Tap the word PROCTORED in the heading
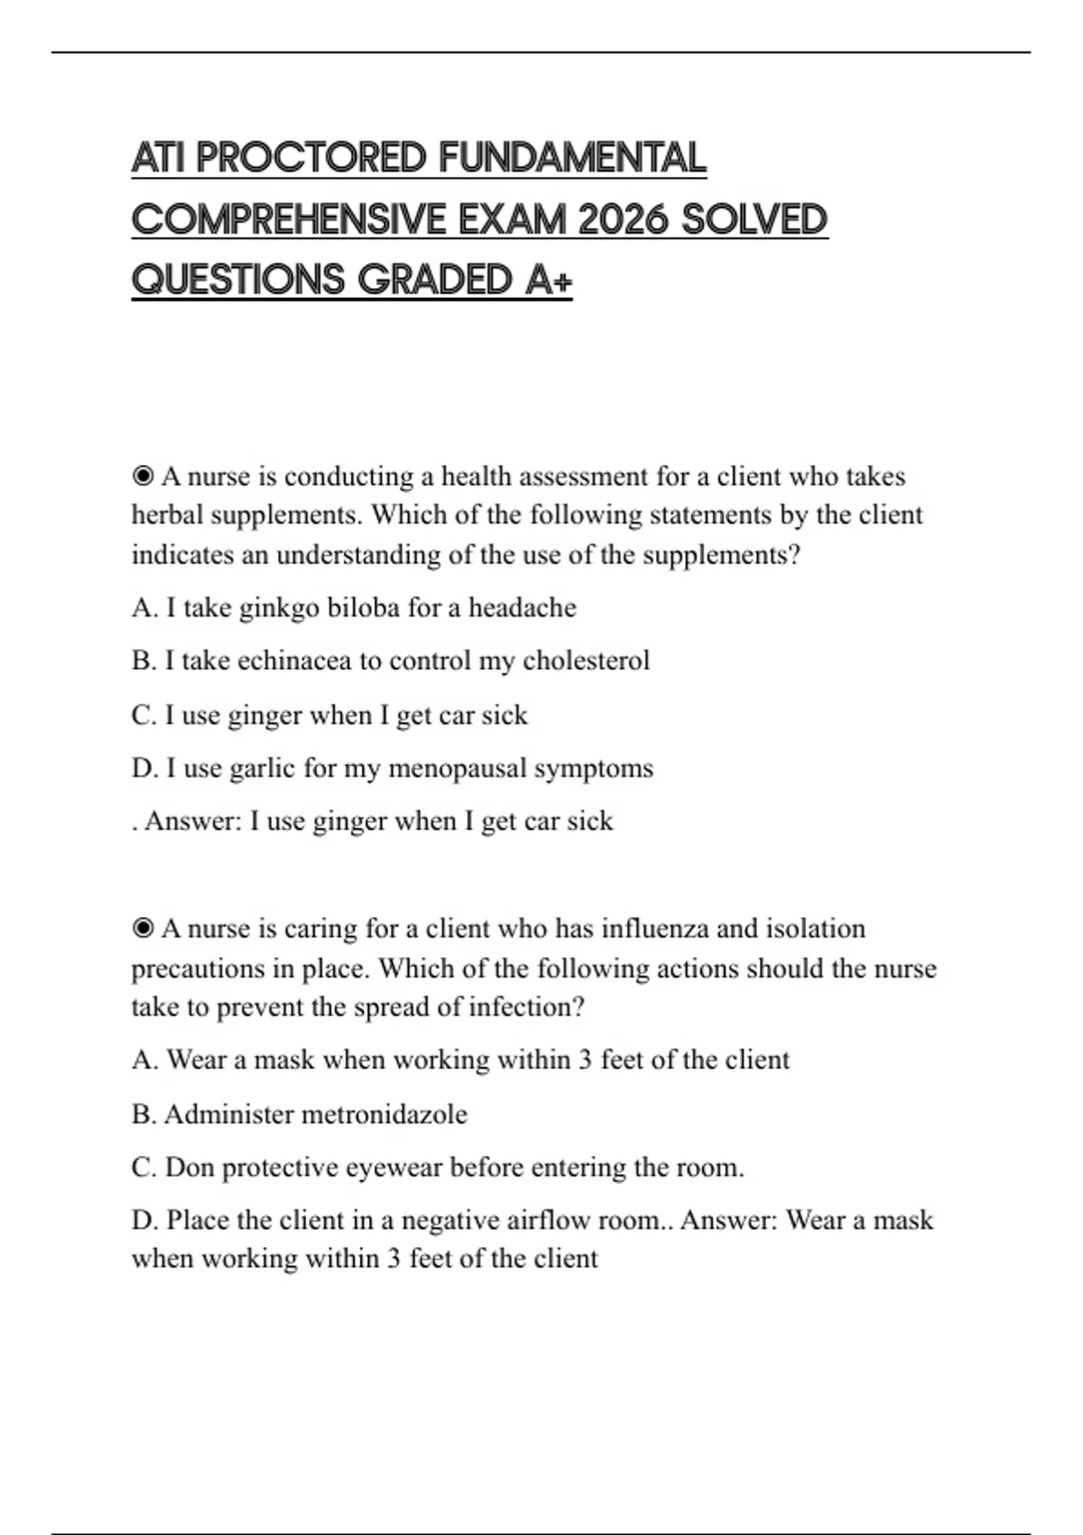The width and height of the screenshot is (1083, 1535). click(310, 158)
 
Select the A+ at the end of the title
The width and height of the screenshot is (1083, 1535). click(548, 280)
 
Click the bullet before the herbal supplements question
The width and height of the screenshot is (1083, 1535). click(143, 476)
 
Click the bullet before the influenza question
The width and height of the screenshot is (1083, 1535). click(143, 928)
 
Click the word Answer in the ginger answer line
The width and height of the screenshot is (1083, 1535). click(192, 822)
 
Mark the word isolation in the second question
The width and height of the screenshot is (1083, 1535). click(815, 928)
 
